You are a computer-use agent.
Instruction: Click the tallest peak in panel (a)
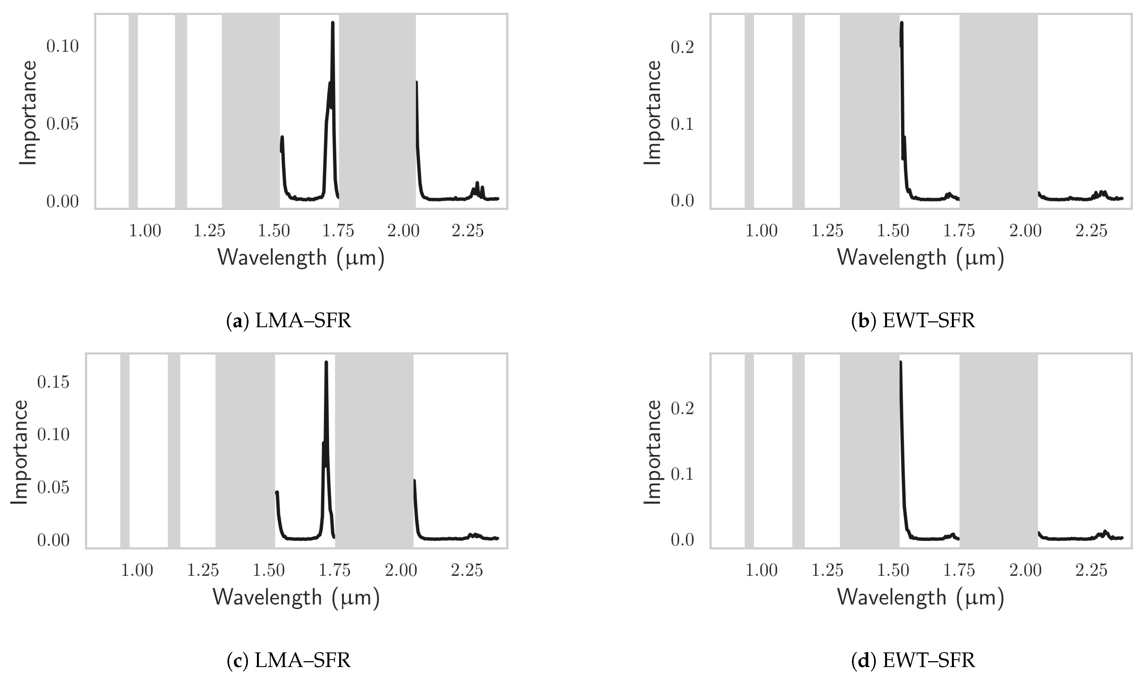pos(332,23)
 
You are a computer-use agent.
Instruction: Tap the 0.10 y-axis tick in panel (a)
pos(63,46)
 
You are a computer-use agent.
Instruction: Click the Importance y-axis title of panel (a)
pos(28,113)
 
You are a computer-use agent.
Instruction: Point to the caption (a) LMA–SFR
pos(289,321)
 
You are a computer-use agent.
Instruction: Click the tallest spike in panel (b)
pos(901,23)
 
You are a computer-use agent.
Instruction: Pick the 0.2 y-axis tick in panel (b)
pos(682,47)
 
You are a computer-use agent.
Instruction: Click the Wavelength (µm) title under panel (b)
pos(920,258)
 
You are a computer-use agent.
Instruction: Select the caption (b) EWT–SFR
pos(913,321)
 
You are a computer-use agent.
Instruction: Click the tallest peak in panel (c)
pos(326,362)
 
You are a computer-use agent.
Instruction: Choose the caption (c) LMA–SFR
pos(289,661)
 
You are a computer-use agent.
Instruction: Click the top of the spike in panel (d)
pos(900,362)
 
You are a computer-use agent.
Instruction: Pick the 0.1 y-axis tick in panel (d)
pos(682,474)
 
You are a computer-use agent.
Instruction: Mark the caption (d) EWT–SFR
pos(913,661)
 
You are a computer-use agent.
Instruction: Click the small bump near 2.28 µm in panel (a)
pos(477,184)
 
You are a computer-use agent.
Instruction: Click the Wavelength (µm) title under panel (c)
pos(296,597)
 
